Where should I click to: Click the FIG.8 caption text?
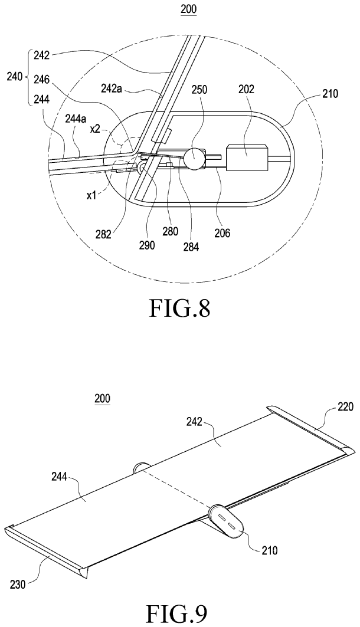(179, 308)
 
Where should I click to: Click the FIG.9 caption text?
(176, 615)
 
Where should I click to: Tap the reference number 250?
(199, 90)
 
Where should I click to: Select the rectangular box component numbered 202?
(246, 156)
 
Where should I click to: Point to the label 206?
(222, 232)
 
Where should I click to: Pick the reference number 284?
(191, 247)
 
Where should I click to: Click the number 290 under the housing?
(146, 245)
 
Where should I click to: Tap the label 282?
(104, 235)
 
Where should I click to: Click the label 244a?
(76, 117)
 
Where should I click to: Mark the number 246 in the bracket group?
(41, 80)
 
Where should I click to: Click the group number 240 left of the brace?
(15, 77)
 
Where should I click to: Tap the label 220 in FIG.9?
(345, 407)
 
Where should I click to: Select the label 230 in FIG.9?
(18, 584)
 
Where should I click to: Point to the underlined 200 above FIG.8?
(188, 9)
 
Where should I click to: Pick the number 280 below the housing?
(170, 231)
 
